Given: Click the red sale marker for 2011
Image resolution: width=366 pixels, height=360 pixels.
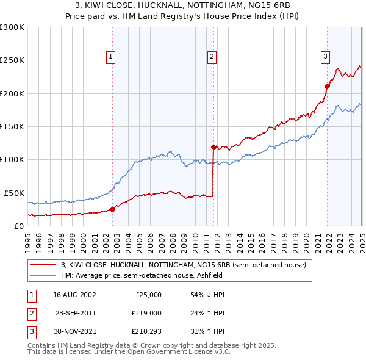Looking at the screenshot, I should pyautogui.click(x=213, y=147).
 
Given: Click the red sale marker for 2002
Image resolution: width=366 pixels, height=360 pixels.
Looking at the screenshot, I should pyautogui.click(x=113, y=209).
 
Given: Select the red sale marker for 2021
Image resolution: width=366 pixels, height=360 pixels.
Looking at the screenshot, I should pyautogui.click(x=327, y=87).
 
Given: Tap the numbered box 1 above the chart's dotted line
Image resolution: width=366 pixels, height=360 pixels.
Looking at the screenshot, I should pyautogui.click(x=111, y=57).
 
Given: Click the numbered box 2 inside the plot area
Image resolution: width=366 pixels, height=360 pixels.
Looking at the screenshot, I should pyautogui.click(x=212, y=57).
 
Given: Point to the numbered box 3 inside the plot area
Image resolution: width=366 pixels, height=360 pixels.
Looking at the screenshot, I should pyautogui.click(x=325, y=57).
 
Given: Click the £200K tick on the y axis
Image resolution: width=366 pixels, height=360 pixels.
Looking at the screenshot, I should pyautogui.click(x=12, y=93).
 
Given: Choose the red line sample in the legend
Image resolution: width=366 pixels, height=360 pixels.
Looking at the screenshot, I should pyautogui.click(x=43, y=265).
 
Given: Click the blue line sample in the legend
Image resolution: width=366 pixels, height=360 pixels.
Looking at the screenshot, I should pyautogui.click(x=43, y=275).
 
